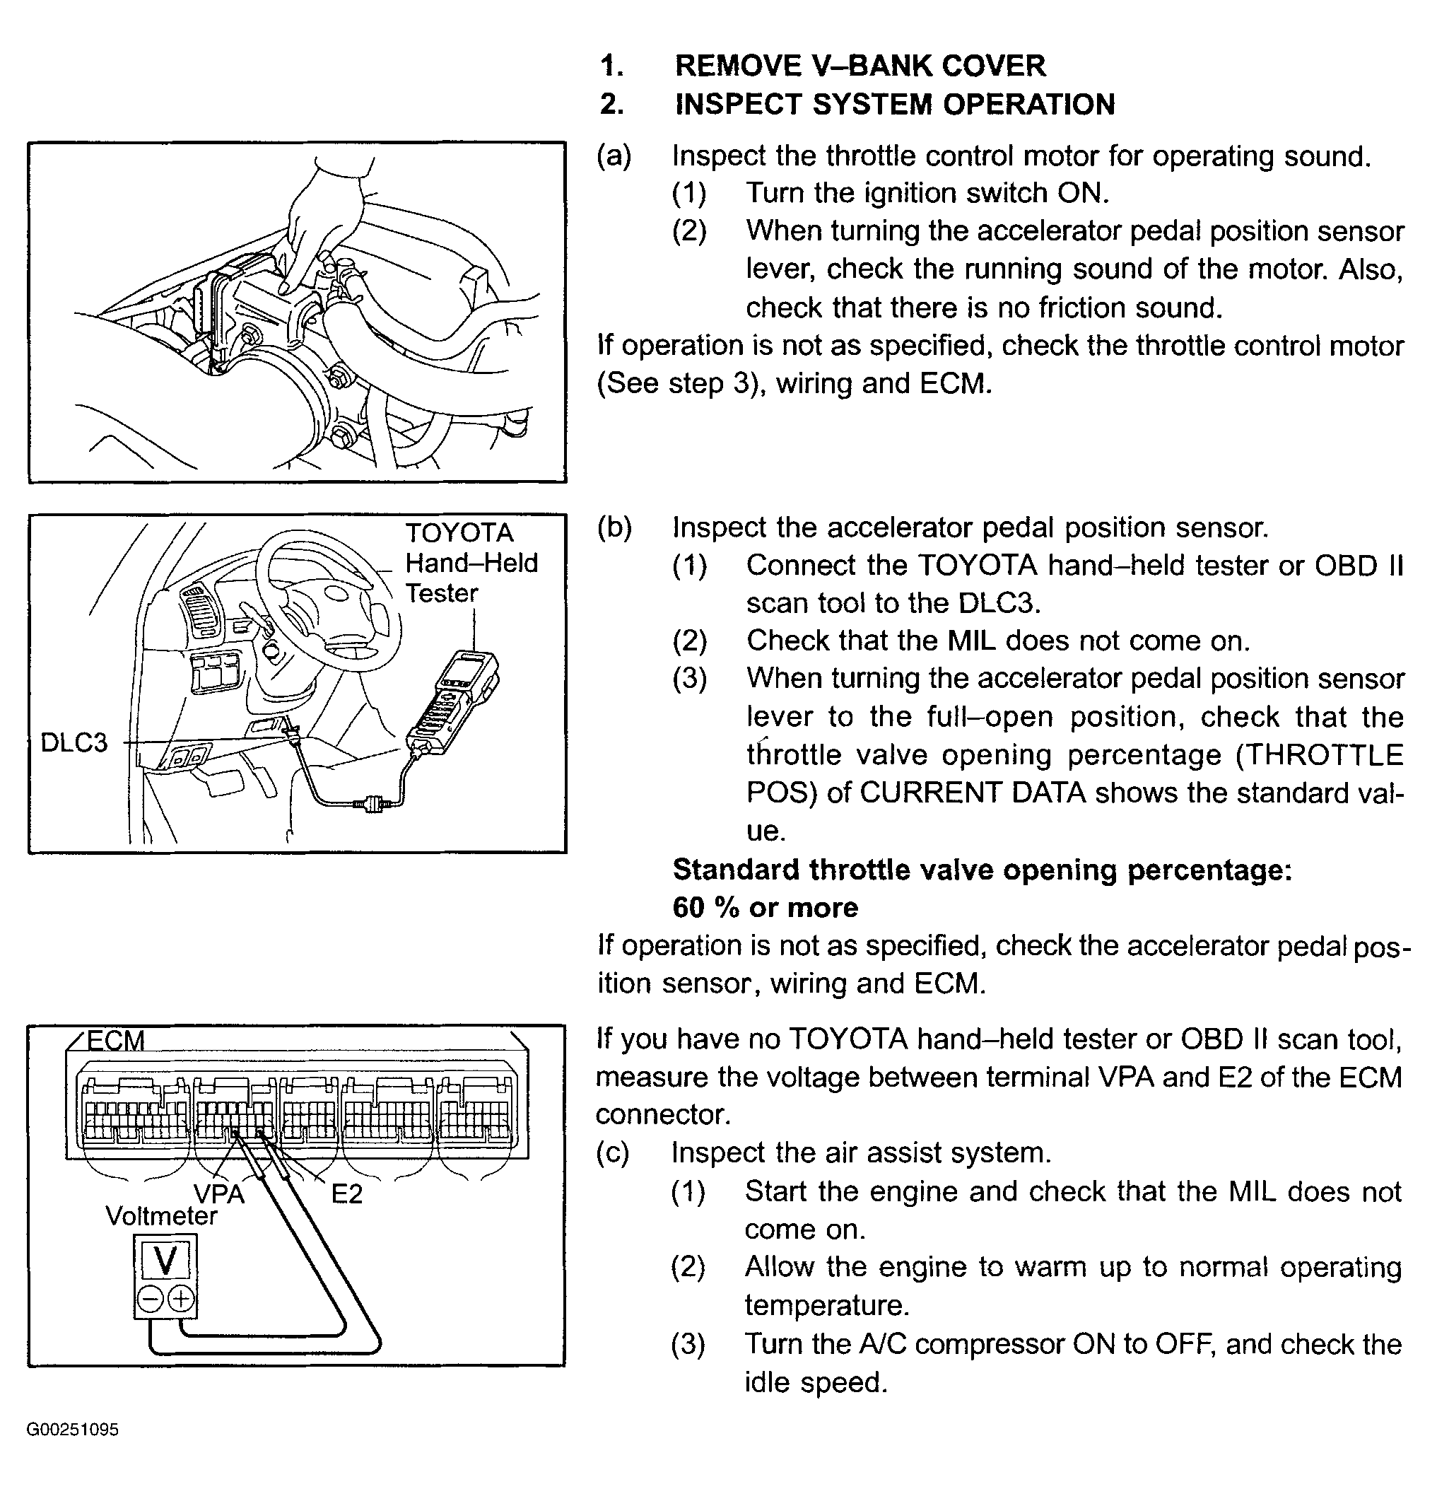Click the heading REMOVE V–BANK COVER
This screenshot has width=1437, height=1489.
click(x=860, y=66)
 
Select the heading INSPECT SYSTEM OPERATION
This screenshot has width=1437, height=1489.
click(x=895, y=105)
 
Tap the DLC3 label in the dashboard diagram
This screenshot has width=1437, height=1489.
click(x=74, y=742)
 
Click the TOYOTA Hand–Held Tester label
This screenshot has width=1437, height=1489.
click(x=471, y=563)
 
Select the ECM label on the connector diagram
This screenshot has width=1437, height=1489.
click(x=115, y=1040)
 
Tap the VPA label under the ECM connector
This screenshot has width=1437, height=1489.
click(x=218, y=1193)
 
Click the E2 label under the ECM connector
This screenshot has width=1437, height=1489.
click(x=346, y=1193)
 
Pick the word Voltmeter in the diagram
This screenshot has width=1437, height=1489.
click(x=161, y=1216)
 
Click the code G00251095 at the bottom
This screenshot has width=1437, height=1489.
click(x=72, y=1430)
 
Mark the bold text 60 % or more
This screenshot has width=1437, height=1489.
click(x=765, y=907)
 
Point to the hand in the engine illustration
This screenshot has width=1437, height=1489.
click(x=319, y=221)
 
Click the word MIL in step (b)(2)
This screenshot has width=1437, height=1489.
click(x=970, y=641)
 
